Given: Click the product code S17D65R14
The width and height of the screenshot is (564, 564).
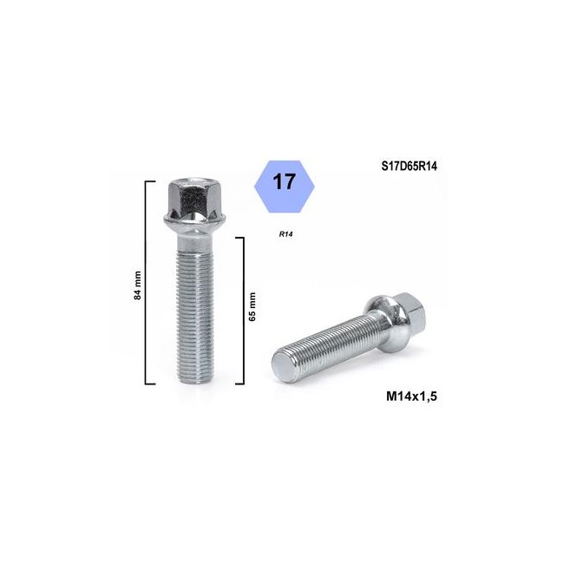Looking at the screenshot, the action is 410,167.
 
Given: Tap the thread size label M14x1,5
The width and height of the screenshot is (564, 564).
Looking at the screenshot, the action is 411,396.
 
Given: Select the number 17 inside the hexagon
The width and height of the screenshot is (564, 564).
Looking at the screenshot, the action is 284,181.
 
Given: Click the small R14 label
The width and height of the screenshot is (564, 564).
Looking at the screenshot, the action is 285,234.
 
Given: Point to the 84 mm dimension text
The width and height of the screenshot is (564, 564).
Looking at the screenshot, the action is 137,285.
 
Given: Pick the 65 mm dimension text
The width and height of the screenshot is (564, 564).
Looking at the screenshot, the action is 252,307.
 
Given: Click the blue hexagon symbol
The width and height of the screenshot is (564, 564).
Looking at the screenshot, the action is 284,187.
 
